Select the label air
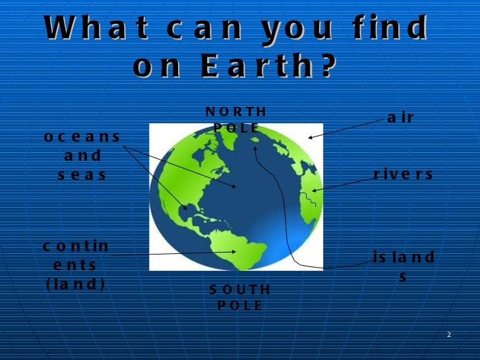[401, 118]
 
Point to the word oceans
[82, 137]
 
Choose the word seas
[82, 175]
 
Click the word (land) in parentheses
[76, 284]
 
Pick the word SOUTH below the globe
[240, 289]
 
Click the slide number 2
[448, 336]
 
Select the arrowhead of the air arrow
[311, 138]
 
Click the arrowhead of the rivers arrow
[315, 191]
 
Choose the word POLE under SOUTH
[240, 305]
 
